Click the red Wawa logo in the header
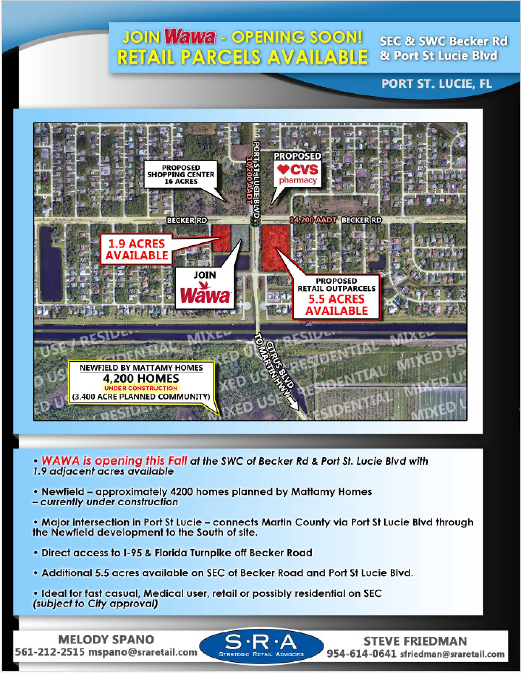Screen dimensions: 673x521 (190, 38)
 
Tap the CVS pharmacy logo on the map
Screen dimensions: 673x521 (298, 173)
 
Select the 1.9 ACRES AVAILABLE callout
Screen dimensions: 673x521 (137, 249)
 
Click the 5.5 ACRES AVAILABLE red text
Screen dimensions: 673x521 (337, 305)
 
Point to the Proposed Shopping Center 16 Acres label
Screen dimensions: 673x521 (181, 174)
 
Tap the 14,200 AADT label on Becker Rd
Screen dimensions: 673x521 (313, 220)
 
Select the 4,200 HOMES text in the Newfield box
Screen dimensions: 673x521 (141, 378)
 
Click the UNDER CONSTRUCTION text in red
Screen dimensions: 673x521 (141, 388)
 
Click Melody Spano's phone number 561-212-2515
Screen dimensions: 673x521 (50, 652)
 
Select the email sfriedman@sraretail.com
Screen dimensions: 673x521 (452, 654)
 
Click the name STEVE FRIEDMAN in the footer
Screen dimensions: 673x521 (415, 641)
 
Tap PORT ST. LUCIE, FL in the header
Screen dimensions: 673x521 (437, 84)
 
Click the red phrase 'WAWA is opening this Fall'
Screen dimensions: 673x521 (114, 461)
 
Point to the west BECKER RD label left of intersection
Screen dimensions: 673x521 (187, 220)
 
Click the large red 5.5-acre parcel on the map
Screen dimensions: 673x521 (275, 248)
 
